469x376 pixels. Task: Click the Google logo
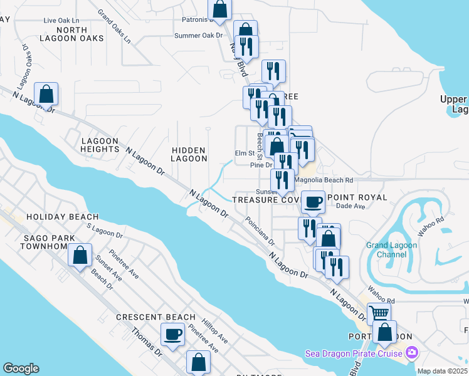(21, 368)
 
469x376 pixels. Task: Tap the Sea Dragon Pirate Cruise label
(354, 353)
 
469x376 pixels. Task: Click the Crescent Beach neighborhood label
(155, 317)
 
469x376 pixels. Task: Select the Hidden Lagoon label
(189, 154)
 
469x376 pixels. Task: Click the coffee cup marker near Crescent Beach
(172, 333)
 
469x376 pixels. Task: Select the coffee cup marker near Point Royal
(313, 202)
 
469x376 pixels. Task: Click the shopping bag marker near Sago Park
(80, 255)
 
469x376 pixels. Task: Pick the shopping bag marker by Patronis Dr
(219, 9)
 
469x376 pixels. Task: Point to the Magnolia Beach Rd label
(324, 180)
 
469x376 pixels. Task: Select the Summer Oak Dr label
(198, 36)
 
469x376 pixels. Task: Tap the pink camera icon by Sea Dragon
(411, 353)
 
